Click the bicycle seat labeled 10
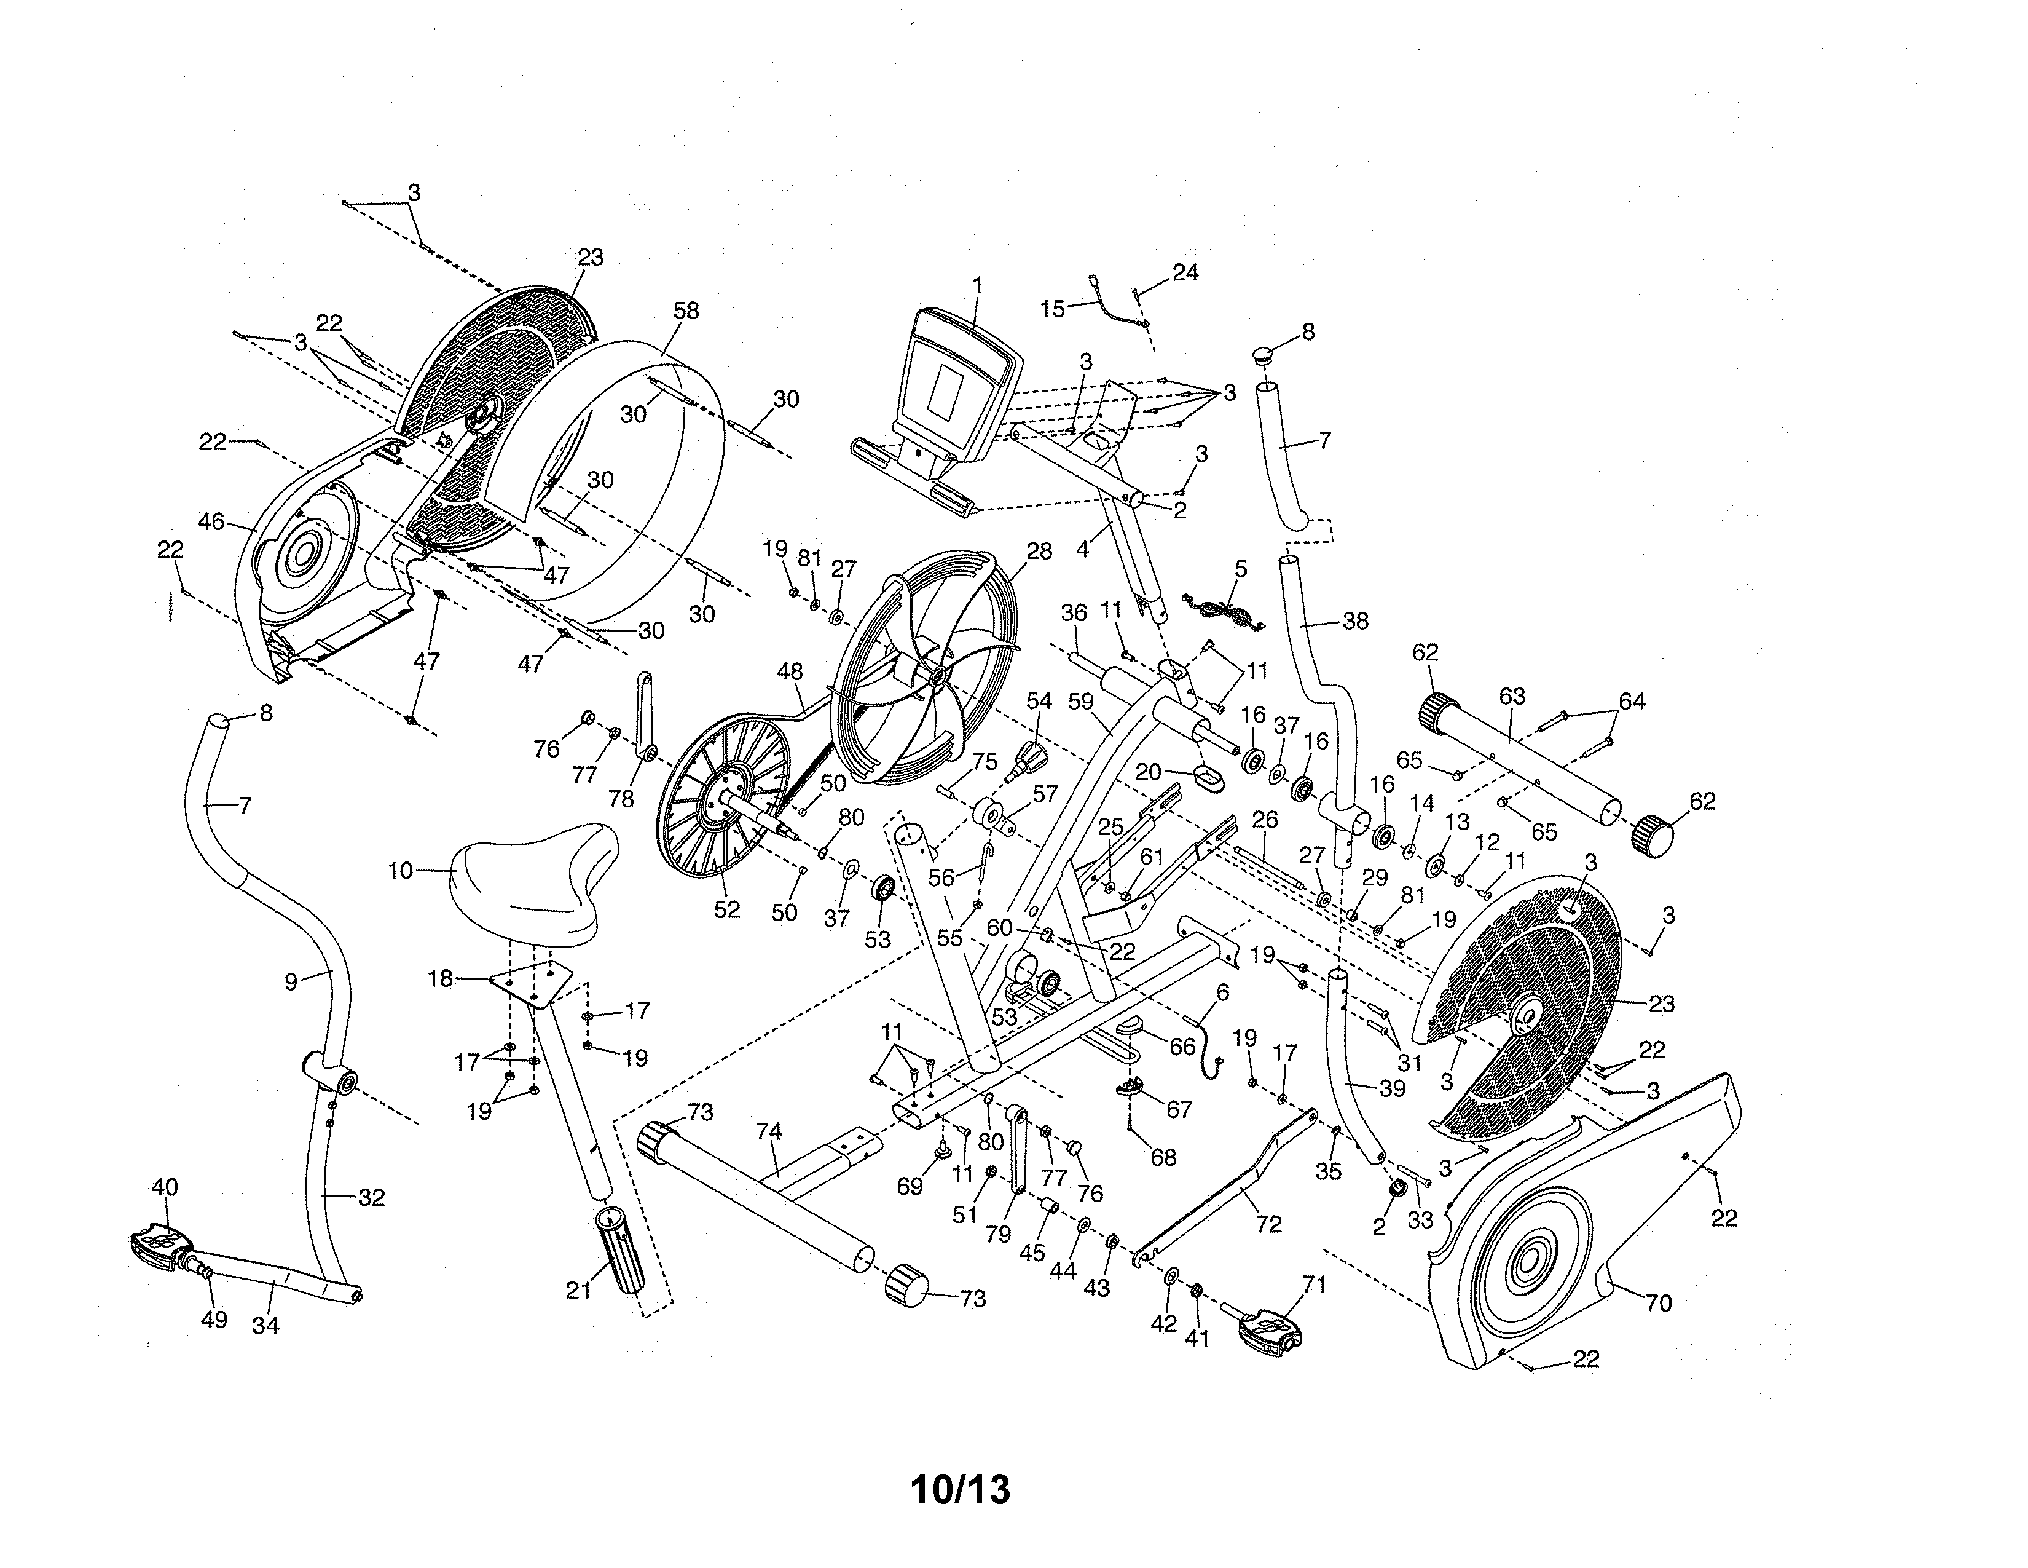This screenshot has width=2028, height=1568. pos(534,881)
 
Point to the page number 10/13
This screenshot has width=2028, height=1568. pos(960,1489)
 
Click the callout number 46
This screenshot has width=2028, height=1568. pos(212,522)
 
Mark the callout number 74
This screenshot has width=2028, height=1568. pos(769,1131)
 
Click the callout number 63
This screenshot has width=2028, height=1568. pos(1512,695)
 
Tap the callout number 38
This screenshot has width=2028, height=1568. pos(1355,622)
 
